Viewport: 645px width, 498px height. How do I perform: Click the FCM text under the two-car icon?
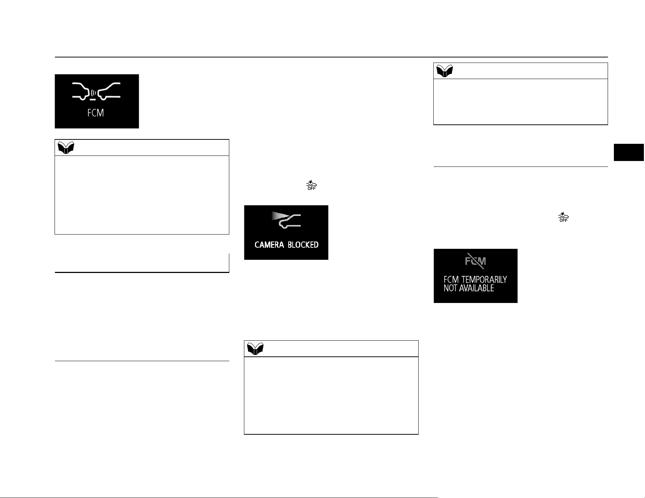coord(96,113)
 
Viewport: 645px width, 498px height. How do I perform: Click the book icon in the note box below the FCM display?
coord(66,148)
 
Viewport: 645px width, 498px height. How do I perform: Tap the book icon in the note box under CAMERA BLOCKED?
coord(255,349)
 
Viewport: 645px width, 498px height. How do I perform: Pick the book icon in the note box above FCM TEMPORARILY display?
coord(445,71)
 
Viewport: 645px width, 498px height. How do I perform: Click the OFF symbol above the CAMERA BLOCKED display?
coord(311,185)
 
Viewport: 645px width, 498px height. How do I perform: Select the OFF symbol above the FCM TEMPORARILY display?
coord(563,217)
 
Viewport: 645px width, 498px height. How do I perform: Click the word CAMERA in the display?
coord(269,245)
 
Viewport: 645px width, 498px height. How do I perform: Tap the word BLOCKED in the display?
coord(303,245)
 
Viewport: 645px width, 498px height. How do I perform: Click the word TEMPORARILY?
coord(484,280)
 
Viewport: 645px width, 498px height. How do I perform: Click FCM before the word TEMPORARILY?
coord(451,280)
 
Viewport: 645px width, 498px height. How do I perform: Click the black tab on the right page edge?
coord(629,153)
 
